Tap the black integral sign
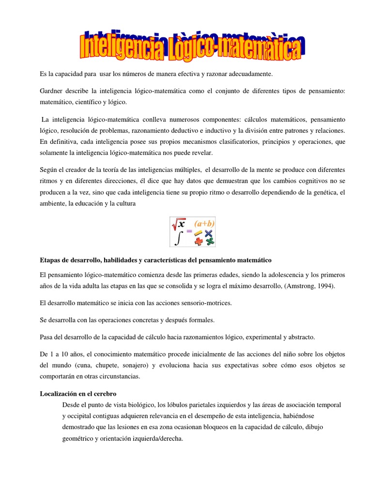click(178, 238)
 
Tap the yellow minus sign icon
click(198, 233)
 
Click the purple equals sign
click(189, 232)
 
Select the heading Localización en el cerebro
click(77, 394)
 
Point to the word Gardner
click(52, 92)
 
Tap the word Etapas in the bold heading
click(50, 260)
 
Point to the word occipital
click(79, 416)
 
